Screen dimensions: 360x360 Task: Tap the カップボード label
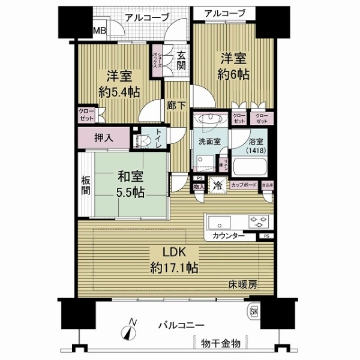244,185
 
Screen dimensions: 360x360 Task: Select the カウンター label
227,236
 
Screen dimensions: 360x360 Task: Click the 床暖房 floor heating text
242,284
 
